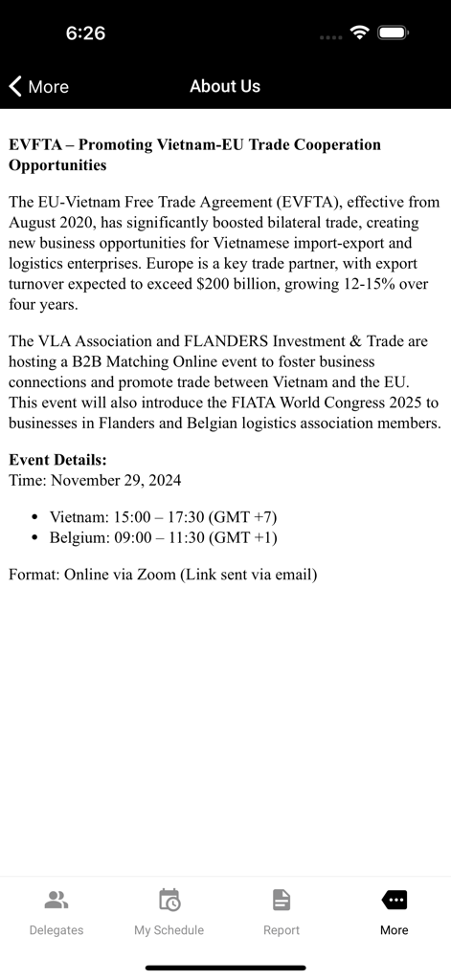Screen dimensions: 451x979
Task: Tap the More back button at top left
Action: click(39, 86)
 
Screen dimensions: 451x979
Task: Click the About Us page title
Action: click(225, 86)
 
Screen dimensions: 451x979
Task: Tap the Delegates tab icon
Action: click(56, 900)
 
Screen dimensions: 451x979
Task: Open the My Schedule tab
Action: click(169, 912)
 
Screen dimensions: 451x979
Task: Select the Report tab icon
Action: click(281, 900)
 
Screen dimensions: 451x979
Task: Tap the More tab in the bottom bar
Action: click(394, 912)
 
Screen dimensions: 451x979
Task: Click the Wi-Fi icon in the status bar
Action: click(360, 33)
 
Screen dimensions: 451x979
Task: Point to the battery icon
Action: click(393, 33)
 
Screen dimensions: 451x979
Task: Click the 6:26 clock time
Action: click(85, 33)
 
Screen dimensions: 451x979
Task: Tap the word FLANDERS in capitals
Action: click(225, 341)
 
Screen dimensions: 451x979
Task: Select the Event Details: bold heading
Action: click(57, 460)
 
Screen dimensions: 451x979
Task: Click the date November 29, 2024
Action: click(116, 480)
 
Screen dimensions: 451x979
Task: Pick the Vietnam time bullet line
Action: click(163, 517)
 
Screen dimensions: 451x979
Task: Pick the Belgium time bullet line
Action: click(163, 537)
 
